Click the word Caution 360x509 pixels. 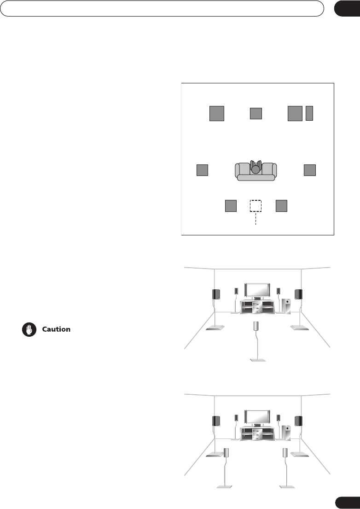click(x=56, y=329)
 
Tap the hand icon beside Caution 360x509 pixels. click(x=29, y=330)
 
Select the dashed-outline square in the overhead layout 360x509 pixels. click(x=255, y=206)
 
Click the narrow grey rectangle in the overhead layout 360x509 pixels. click(x=309, y=113)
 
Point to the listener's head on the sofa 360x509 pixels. click(x=255, y=169)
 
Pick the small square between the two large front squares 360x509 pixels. click(x=255, y=113)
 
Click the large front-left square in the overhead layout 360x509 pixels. click(x=217, y=113)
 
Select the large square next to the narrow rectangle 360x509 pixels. click(x=295, y=113)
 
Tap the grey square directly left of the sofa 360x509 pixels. click(x=202, y=170)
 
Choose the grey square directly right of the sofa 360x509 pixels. click(x=310, y=170)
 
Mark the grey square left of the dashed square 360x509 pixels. click(x=231, y=206)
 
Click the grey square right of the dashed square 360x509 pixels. click(x=281, y=206)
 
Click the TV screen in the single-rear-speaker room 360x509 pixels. click(x=257, y=291)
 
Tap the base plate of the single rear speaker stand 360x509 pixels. click(x=256, y=360)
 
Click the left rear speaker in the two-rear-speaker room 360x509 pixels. click(x=226, y=452)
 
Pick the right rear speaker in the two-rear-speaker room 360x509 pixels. click(x=286, y=452)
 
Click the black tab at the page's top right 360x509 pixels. click(x=347, y=9)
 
